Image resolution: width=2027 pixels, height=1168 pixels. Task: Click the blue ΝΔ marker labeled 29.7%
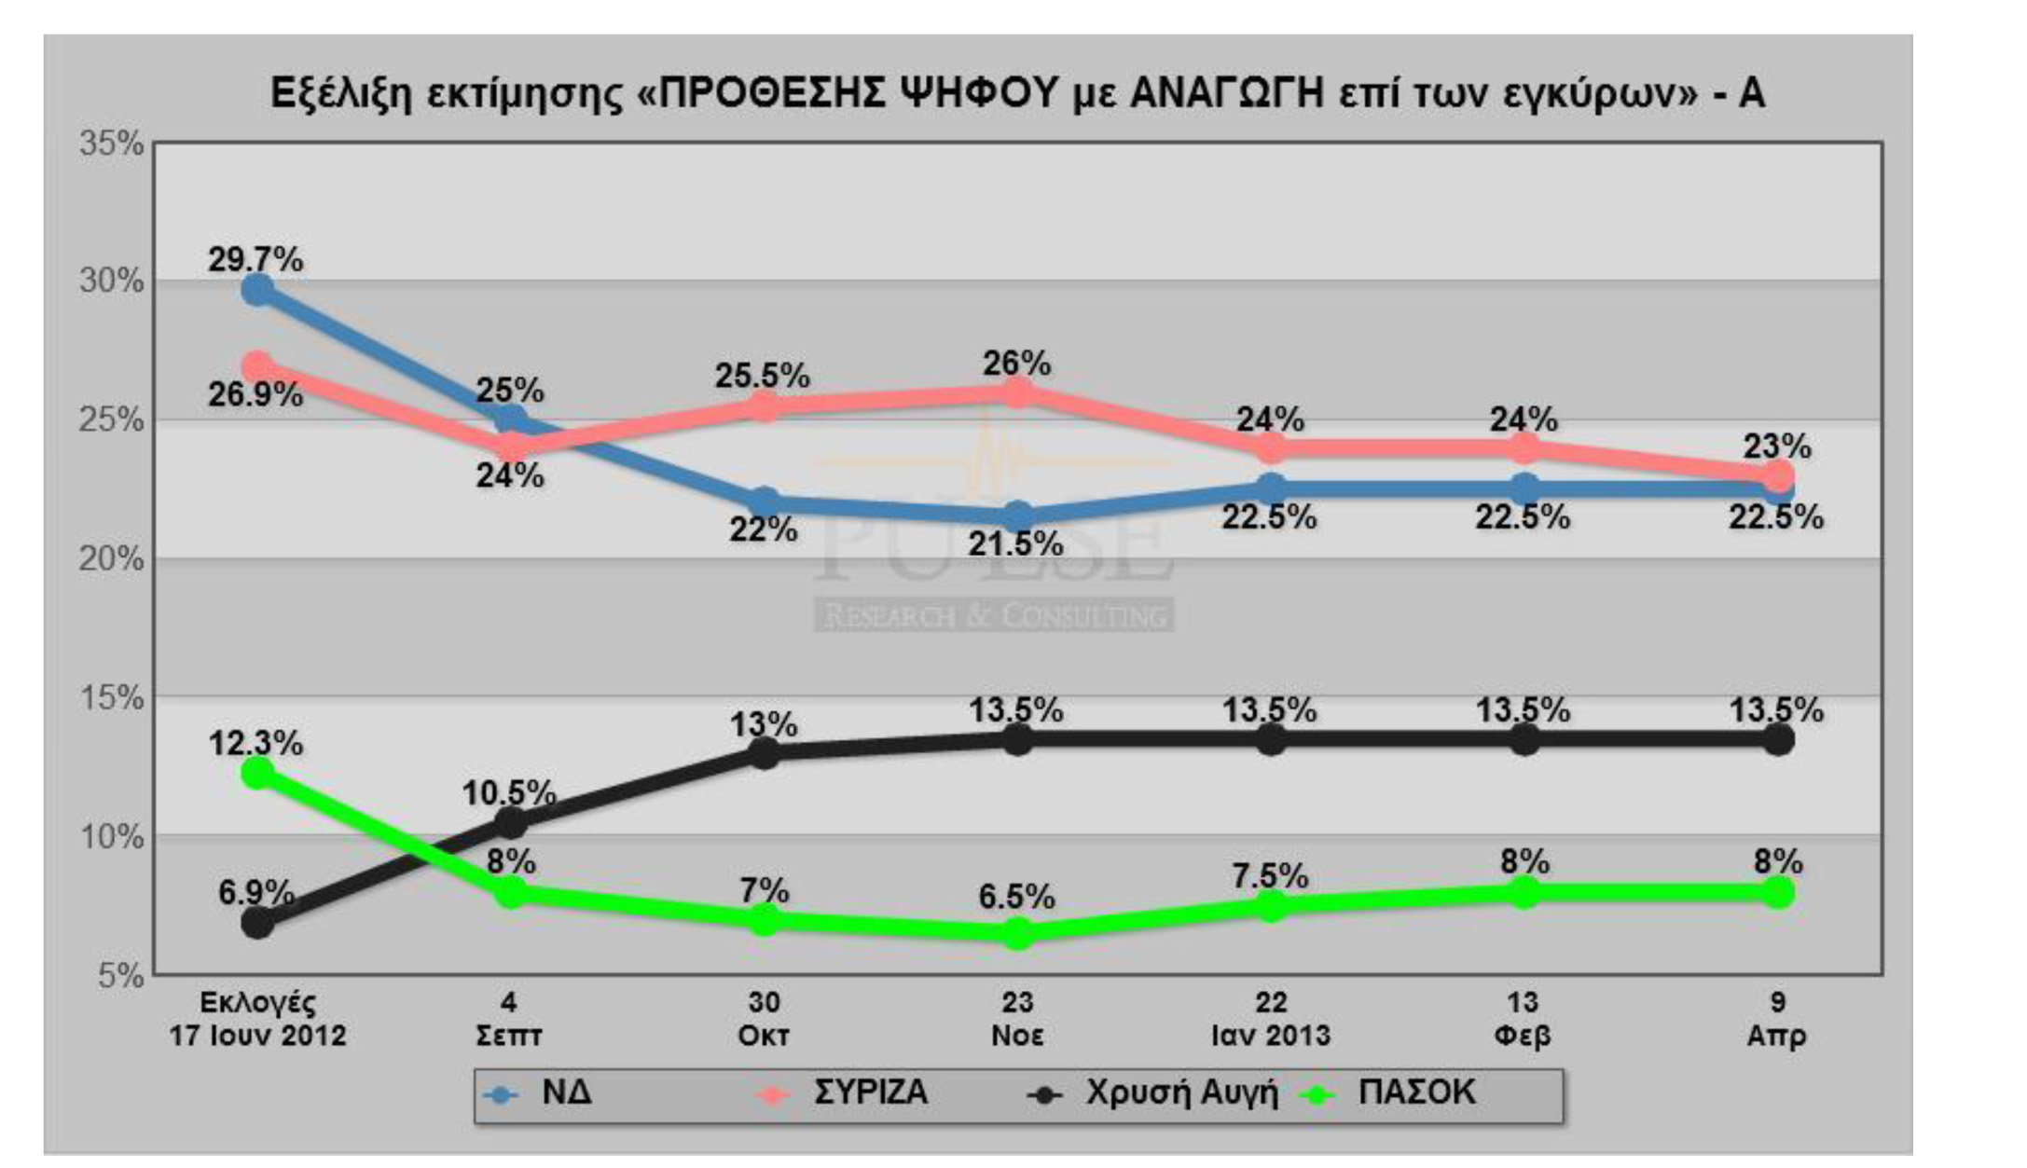tap(257, 290)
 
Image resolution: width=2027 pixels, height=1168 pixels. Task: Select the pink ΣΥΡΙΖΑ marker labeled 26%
tap(1017, 393)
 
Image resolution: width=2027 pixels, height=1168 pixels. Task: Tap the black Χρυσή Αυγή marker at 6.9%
tap(257, 923)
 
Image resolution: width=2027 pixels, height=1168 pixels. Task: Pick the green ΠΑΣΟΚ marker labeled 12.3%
tap(257, 773)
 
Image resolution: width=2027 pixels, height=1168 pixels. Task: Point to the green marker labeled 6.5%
tap(1017, 933)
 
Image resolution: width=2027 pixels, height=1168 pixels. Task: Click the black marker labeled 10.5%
tap(510, 822)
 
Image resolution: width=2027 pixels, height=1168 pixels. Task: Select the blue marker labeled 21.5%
tap(1017, 517)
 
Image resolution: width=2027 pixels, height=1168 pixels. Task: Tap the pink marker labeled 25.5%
tap(764, 406)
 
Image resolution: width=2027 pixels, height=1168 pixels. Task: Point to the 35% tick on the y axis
tap(111, 144)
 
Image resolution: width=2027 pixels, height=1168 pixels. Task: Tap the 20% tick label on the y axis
tap(111, 559)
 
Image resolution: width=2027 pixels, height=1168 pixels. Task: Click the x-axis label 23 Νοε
tap(1017, 1019)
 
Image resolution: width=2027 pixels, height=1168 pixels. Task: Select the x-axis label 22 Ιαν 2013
tap(1270, 1019)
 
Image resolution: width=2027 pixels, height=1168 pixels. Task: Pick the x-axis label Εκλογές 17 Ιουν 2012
tap(257, 1019)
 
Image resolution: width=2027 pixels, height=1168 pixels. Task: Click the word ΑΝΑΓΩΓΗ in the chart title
tap(1227, 94)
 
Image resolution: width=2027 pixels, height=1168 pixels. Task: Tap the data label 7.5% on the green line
tap(1270, 876)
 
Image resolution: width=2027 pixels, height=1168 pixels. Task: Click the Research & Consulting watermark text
tap(994, 615)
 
